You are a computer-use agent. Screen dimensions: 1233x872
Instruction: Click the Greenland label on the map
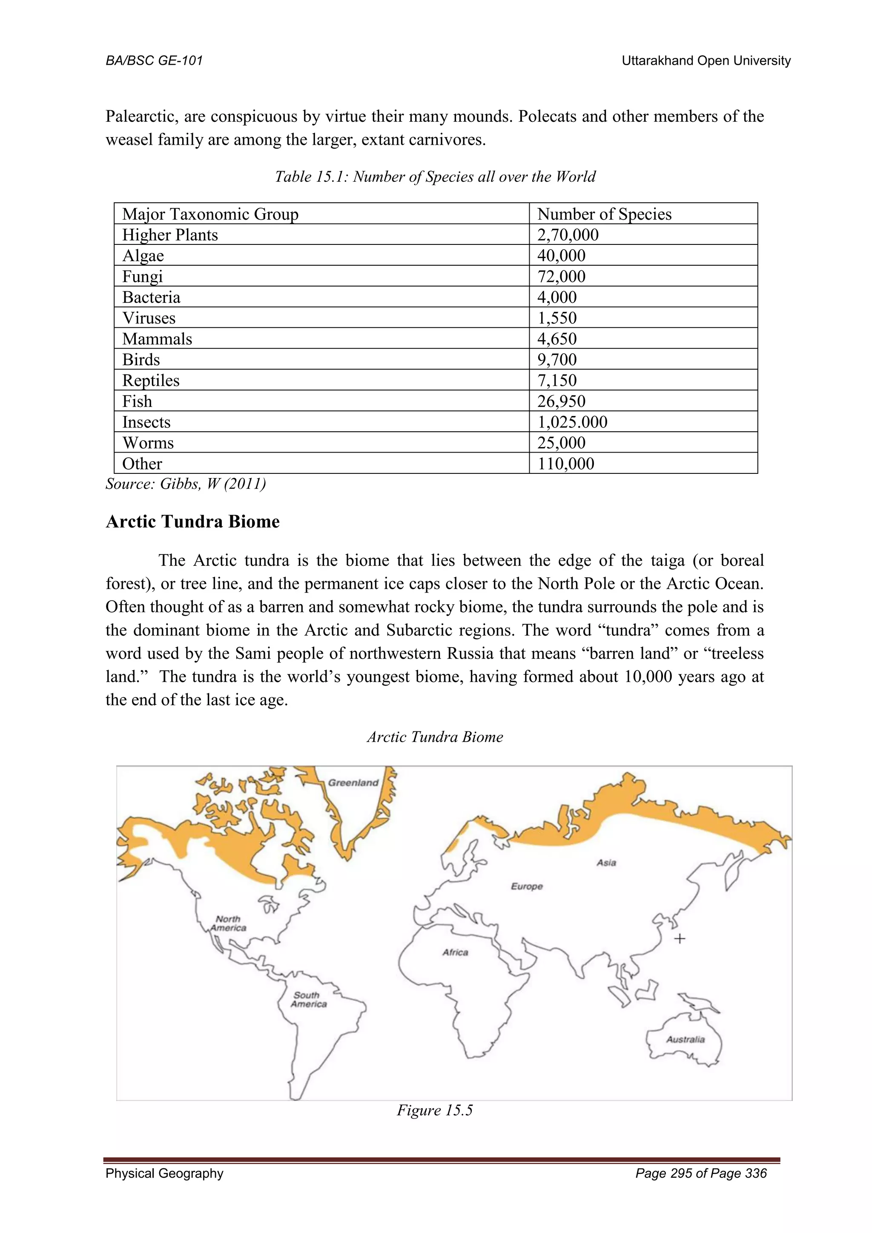(x=353, y=783)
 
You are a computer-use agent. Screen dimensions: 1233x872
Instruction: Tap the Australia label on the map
(x=685, y=1039)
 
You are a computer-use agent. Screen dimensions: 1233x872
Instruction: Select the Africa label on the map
(x=455, y=952)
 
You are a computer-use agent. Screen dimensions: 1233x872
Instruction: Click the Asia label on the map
(x=606, y=863)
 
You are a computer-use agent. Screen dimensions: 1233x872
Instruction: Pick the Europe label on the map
(x=527, y=886)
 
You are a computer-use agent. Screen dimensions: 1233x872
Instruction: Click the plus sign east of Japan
(x=680, y=939)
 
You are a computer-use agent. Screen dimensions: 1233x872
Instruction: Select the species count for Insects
(x=572, y=422)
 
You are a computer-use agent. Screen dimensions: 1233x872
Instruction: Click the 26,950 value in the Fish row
(x=561, y=401)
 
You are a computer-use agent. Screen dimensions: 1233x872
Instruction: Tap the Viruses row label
(x=149, y=318)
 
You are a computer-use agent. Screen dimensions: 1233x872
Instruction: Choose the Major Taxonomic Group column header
(x=210, y=214)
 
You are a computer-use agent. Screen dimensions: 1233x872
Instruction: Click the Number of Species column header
(x=604, y=214)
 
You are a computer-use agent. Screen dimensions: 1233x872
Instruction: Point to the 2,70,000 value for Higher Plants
(x=568, y=235)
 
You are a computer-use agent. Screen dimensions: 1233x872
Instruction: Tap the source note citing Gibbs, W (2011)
(x=186, y=484)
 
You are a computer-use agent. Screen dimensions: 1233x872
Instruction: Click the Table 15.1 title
(x=435, y=177)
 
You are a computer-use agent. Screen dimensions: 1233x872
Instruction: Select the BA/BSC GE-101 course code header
(x=154, y=61)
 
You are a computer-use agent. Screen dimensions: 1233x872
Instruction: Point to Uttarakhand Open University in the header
(x=706, y=61)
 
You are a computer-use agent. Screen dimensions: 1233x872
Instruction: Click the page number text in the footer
(x=701, y=1173)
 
